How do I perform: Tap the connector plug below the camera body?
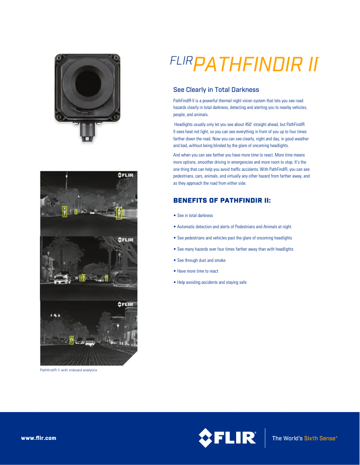point(88,132)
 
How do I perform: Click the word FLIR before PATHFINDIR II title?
point(181,61)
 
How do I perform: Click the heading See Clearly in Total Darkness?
point(216,90)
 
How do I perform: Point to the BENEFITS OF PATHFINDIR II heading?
point(222,200)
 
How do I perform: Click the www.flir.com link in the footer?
point(39,438)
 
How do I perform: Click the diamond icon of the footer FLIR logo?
point(206,438)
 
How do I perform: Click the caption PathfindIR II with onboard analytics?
point(68,370)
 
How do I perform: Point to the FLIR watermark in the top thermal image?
point(126,175)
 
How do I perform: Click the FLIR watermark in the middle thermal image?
point(126,240)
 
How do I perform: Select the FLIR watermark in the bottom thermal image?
point(126,304)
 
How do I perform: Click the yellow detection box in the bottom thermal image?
point(71,340)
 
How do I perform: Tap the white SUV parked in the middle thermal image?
point(62,278)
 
